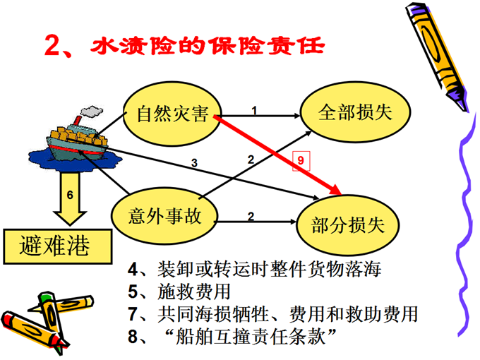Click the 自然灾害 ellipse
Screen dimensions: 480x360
click(x=172, y=114)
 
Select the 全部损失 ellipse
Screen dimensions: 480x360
click(x=355, y=112)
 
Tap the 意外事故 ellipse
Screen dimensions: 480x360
click(x=164, y=216)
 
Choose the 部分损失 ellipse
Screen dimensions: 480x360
click(x=348, y=225)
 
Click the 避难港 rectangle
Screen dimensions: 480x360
click(x=58, y=246)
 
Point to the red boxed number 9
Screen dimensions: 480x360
click(x=301, y=161)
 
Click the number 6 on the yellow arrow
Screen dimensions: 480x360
click(x=70, y=195)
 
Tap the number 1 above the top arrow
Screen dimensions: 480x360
click(x=254, y=110)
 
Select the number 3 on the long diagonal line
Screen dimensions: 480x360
click(x=194, y=163)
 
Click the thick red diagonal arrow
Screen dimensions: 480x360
click(x=277, y=155)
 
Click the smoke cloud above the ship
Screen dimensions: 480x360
click(x=91, y=111)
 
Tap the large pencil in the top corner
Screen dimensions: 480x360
click(x=437, y=56)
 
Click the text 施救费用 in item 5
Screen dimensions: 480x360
click(x=194, y=292)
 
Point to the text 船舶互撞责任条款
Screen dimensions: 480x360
click(x=251, y=336)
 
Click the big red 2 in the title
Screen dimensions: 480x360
click(x=52, y=45)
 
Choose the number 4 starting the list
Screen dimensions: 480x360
click(x=133, y=270)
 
